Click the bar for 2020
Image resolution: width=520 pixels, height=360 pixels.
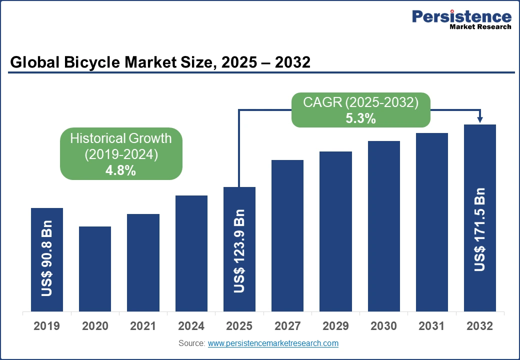pyautogui.click(x=95, y=268)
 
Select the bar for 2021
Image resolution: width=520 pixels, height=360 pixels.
pyautogui.click(x=143, y=262)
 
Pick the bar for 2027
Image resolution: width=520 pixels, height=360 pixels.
pyautogui.click(x=287, y=235)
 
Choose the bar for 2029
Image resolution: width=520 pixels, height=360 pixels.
pyautogui.click(x=335, y=231)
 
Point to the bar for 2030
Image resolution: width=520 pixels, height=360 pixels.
pyautogui.click(x=384, y=226)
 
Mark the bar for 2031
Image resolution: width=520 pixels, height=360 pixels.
pyautogui.click(x=432, y=222)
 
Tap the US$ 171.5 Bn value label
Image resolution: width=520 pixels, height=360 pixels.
pyautogui.click(x=480, y=229)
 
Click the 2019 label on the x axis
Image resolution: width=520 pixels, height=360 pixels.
pyautogui.click(x=47, y=326)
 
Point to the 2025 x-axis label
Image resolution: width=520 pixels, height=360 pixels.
pyautogui.click(x=239, y=326)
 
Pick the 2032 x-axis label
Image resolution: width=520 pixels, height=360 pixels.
pyautogui.click(x=480, y=326)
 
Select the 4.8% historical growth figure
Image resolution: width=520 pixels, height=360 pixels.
pyautogui.click(x=120, y=170)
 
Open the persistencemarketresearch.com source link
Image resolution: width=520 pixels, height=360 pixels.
pyautogui.click(x=273, y=343)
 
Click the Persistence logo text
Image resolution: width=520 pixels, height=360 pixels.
pyautogui.click(x=461, y=16)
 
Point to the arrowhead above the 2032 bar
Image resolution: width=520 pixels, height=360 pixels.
pyautogui.click(x=480, y=119)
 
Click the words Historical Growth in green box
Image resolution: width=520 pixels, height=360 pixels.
pyautogui.click(x=120, y=138)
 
